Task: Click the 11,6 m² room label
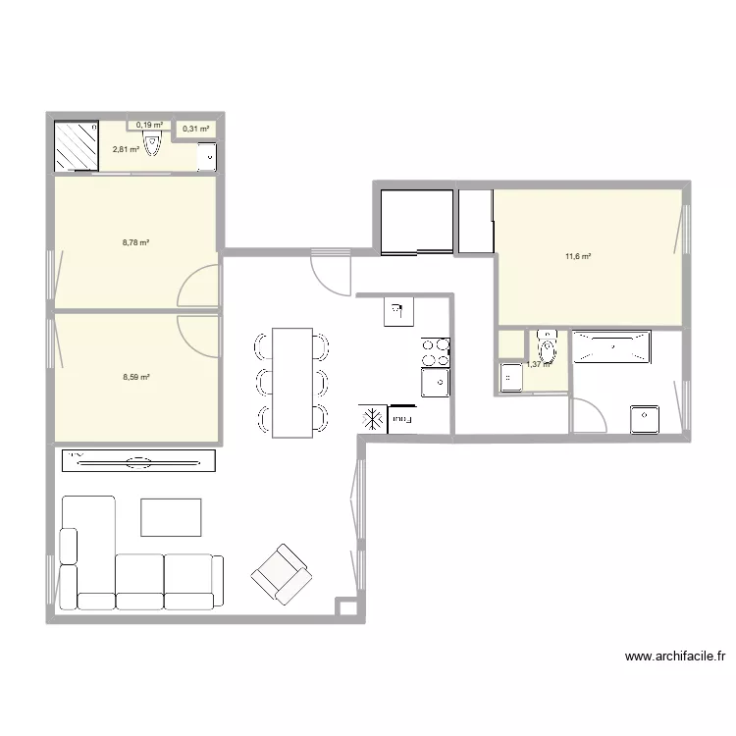577,257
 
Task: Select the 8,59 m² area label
135,376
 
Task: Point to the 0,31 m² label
195,128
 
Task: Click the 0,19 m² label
149,125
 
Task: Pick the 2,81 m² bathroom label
125,150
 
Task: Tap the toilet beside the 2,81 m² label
152,146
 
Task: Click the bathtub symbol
610,347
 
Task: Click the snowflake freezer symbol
373,419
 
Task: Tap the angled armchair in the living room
282,572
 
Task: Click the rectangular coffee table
171,517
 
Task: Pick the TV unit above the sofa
138,460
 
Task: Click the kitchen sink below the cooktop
436,381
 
